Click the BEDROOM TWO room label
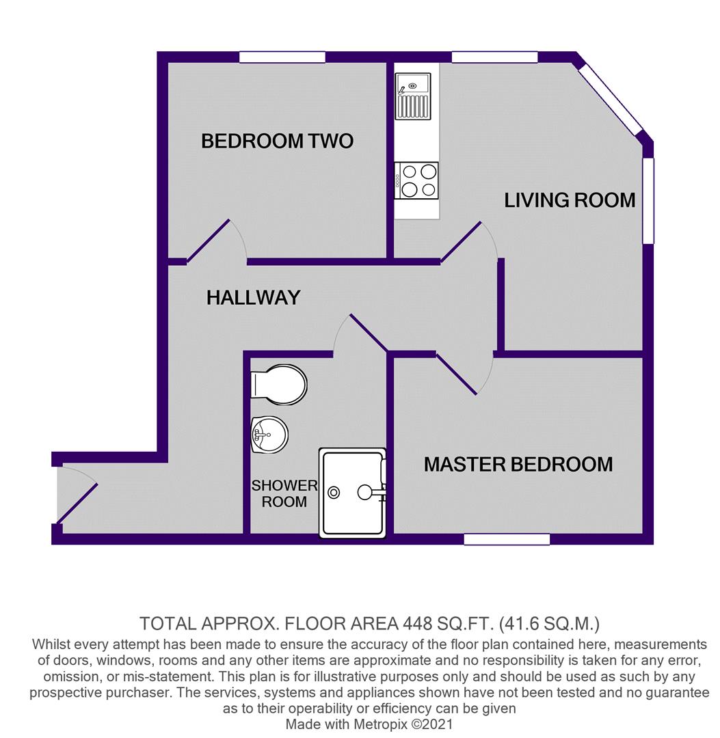[278, 141]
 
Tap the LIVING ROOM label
[570, 200]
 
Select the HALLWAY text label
[254, 297]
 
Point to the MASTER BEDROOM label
[518, 465]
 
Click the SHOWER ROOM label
[284, 494]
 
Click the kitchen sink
[413, 96]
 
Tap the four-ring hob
[416, 180]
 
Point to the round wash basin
[269, 435]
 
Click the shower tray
[353, 493]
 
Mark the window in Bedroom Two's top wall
[282, 57]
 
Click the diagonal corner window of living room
[609, 99]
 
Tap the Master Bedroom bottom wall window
[507, 539]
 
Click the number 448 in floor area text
[416, 624]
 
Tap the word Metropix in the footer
[386, 724]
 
